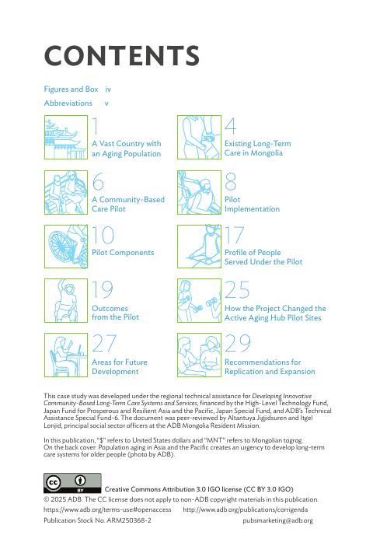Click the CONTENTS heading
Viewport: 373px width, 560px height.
121,56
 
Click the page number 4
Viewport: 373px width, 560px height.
231,126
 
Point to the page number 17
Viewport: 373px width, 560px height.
234,234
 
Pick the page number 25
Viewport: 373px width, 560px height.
237,289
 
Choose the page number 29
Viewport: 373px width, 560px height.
238,343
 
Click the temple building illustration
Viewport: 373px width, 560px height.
66,137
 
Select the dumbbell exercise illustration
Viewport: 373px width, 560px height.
199,301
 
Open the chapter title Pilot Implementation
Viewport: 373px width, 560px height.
252,205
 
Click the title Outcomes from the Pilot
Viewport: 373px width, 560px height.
115,313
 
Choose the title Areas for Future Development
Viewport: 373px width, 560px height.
120,367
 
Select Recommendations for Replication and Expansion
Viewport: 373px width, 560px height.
270,367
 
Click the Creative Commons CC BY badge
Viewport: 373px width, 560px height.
72,483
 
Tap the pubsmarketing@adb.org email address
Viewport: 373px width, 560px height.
277,520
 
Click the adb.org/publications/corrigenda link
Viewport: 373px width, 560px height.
246,509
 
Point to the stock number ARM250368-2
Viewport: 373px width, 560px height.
128,520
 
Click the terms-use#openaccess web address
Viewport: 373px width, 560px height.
107,509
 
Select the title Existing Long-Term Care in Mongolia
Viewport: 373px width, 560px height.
258,149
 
